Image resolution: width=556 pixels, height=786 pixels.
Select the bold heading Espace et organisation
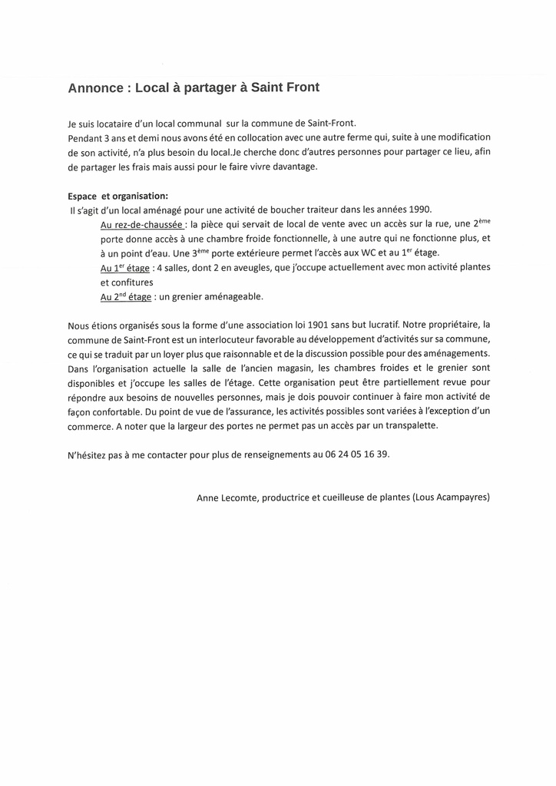tap(117, 196)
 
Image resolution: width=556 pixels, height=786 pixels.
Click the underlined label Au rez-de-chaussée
tap(142, 225)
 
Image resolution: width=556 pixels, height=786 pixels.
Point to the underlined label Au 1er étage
tap(125, 268)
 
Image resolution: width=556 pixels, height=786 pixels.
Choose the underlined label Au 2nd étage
tap(126, 296)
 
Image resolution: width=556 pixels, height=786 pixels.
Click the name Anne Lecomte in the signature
tap(227, 497)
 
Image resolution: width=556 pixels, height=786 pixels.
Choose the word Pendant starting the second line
tap(85, 137)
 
